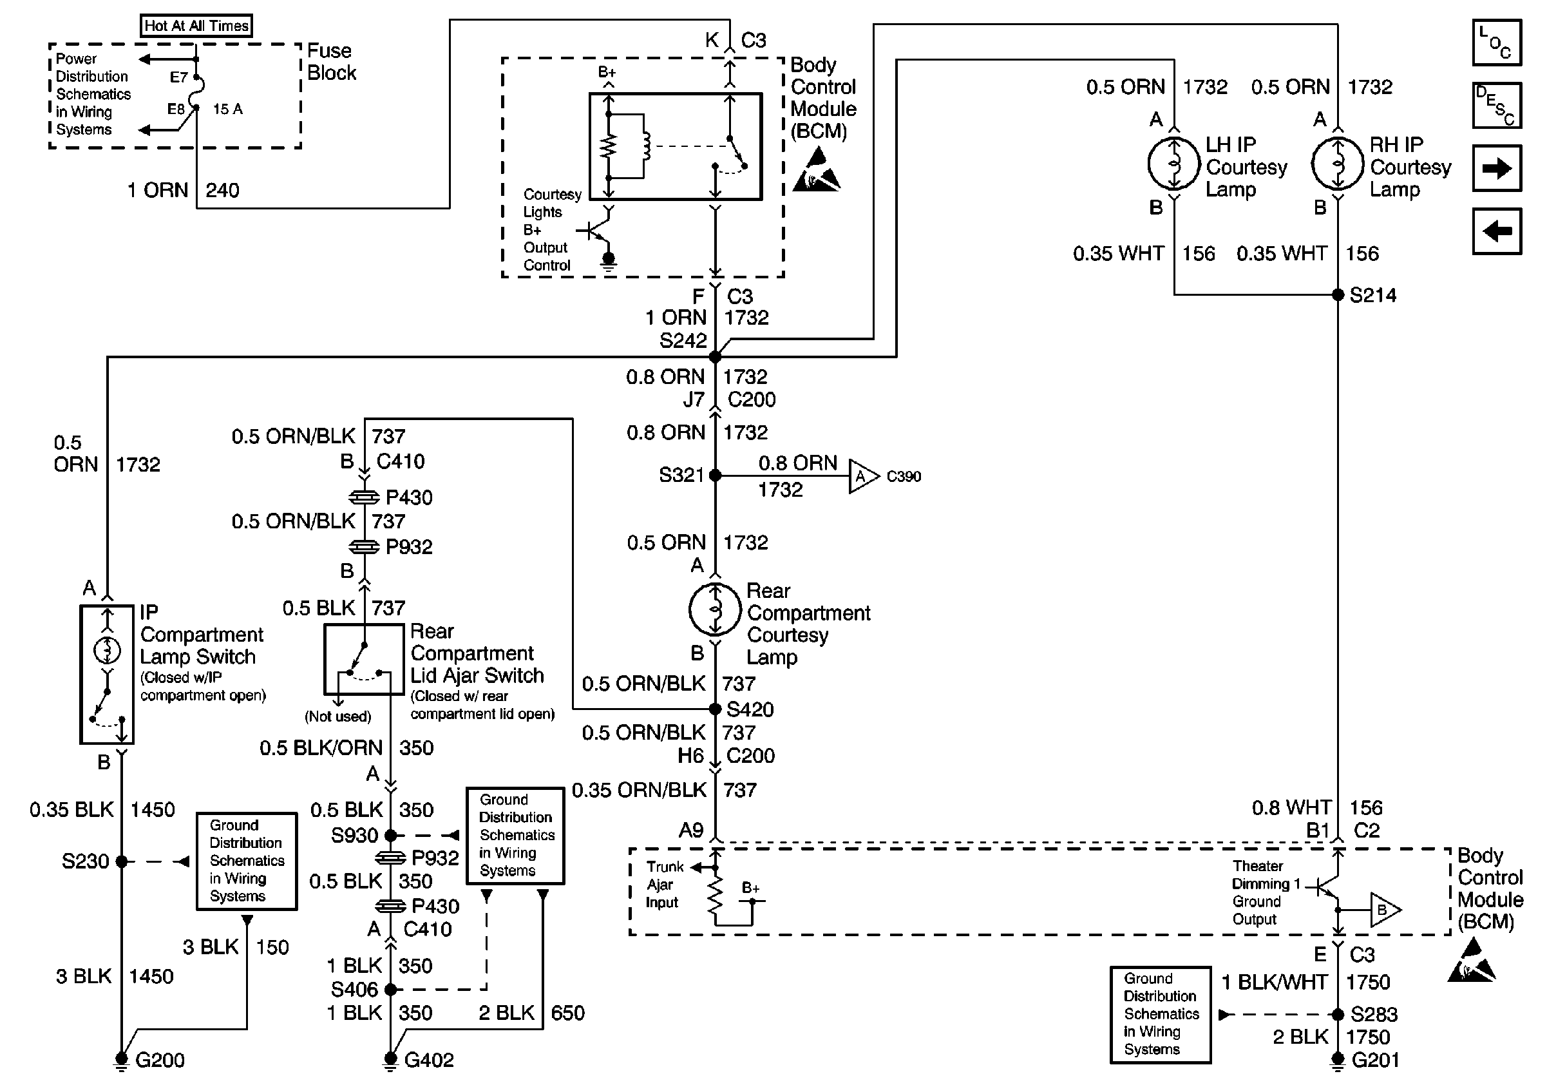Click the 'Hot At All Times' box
point(196,26)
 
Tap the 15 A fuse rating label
point(228,108)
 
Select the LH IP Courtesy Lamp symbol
point(1173,164)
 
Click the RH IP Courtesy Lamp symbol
point(1338,164)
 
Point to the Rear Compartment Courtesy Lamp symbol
point(715,610)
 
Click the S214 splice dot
point(1338,294)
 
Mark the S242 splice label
point(683,340)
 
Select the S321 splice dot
point(716,475)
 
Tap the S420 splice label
point(750,709)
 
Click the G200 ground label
point(160,1060)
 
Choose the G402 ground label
point(428,1060)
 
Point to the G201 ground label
point(1375,1060)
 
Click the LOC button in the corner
point(1497,43)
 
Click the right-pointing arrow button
point(1497,168)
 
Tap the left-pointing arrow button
point(1497,231)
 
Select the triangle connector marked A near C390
point(862,476)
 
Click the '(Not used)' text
point(337,716)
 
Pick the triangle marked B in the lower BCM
point(1384,910)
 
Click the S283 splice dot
point(1338,1014)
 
